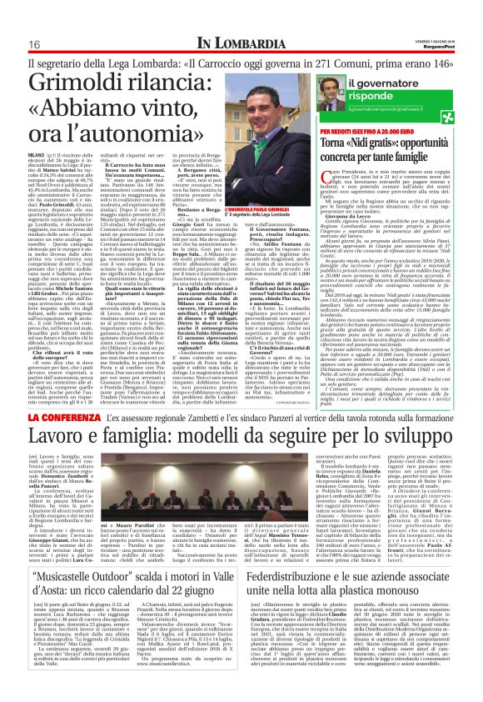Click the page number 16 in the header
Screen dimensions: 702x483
click(x=36, y=43)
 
